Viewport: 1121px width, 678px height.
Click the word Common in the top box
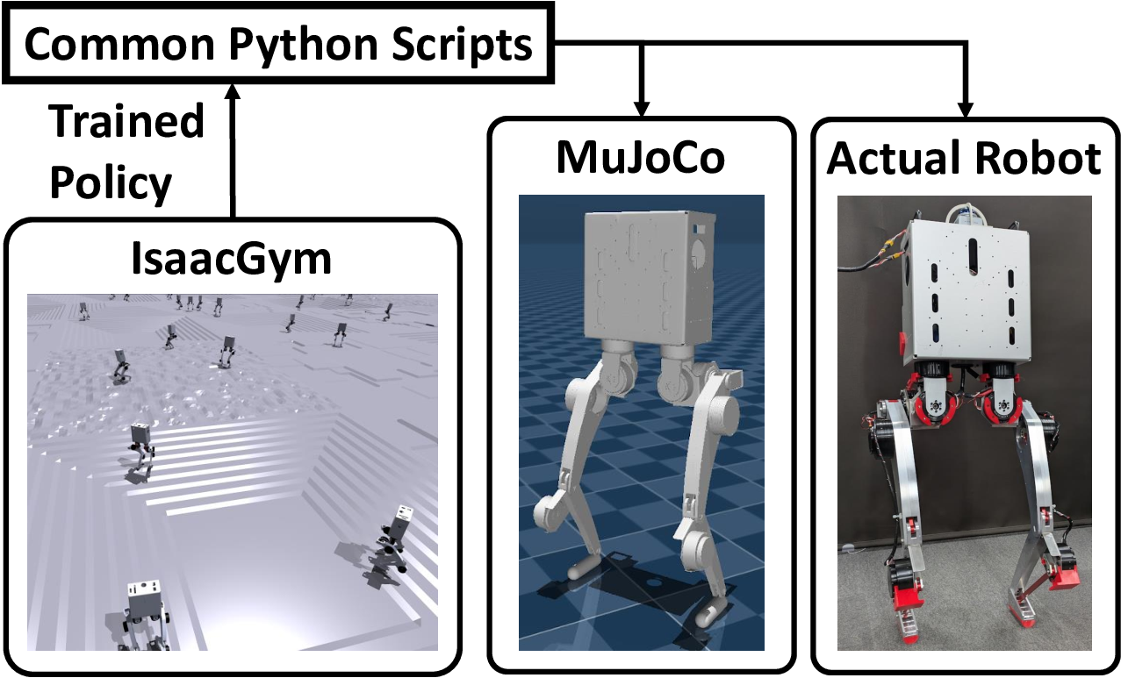pyautogui.click(x=119, y=45)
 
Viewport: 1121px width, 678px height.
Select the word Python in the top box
pyautogui.click(x=303, y=46)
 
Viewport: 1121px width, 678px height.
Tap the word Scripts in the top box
pyautogui.click(x=462, y=46)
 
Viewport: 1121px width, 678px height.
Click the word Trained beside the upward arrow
pyautogui.click(x=126, y=122)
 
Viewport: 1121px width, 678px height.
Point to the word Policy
pyautogui.click(x=111, y=183)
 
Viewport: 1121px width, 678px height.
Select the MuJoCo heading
pyautogui.click(x=641, y=159)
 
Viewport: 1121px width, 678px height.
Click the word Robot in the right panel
pyautogui.click(x=1038, y=159)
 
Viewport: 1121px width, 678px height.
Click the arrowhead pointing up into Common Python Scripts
pyautogui.click(x=233, y=91)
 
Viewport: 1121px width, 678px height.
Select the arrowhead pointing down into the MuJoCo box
pyautogui.click(x=641, y=109)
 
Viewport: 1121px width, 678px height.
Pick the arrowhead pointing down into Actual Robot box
pyautogui.click(x=965, y=110)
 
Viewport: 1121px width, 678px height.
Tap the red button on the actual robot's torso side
pyautogui.click(x=905, y=341)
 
